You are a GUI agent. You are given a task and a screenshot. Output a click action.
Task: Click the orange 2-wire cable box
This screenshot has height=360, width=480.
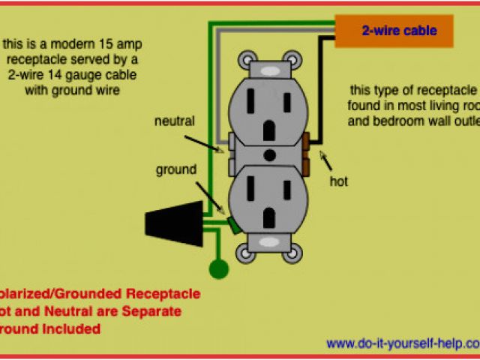click(395, 31)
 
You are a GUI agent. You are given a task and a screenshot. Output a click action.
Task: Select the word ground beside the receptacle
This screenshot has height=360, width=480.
click(176, 169)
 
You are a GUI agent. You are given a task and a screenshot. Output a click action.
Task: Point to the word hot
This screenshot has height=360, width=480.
click(338, 181)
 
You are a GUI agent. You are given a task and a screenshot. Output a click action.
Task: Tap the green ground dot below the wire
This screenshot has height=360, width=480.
click(218, 268)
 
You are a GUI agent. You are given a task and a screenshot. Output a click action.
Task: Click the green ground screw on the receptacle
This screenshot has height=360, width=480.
click(234, 224)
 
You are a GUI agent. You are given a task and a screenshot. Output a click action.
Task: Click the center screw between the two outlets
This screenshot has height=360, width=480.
click(269, 156)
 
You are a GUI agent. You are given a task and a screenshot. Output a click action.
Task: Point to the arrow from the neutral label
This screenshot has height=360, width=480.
click(211, 142)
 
